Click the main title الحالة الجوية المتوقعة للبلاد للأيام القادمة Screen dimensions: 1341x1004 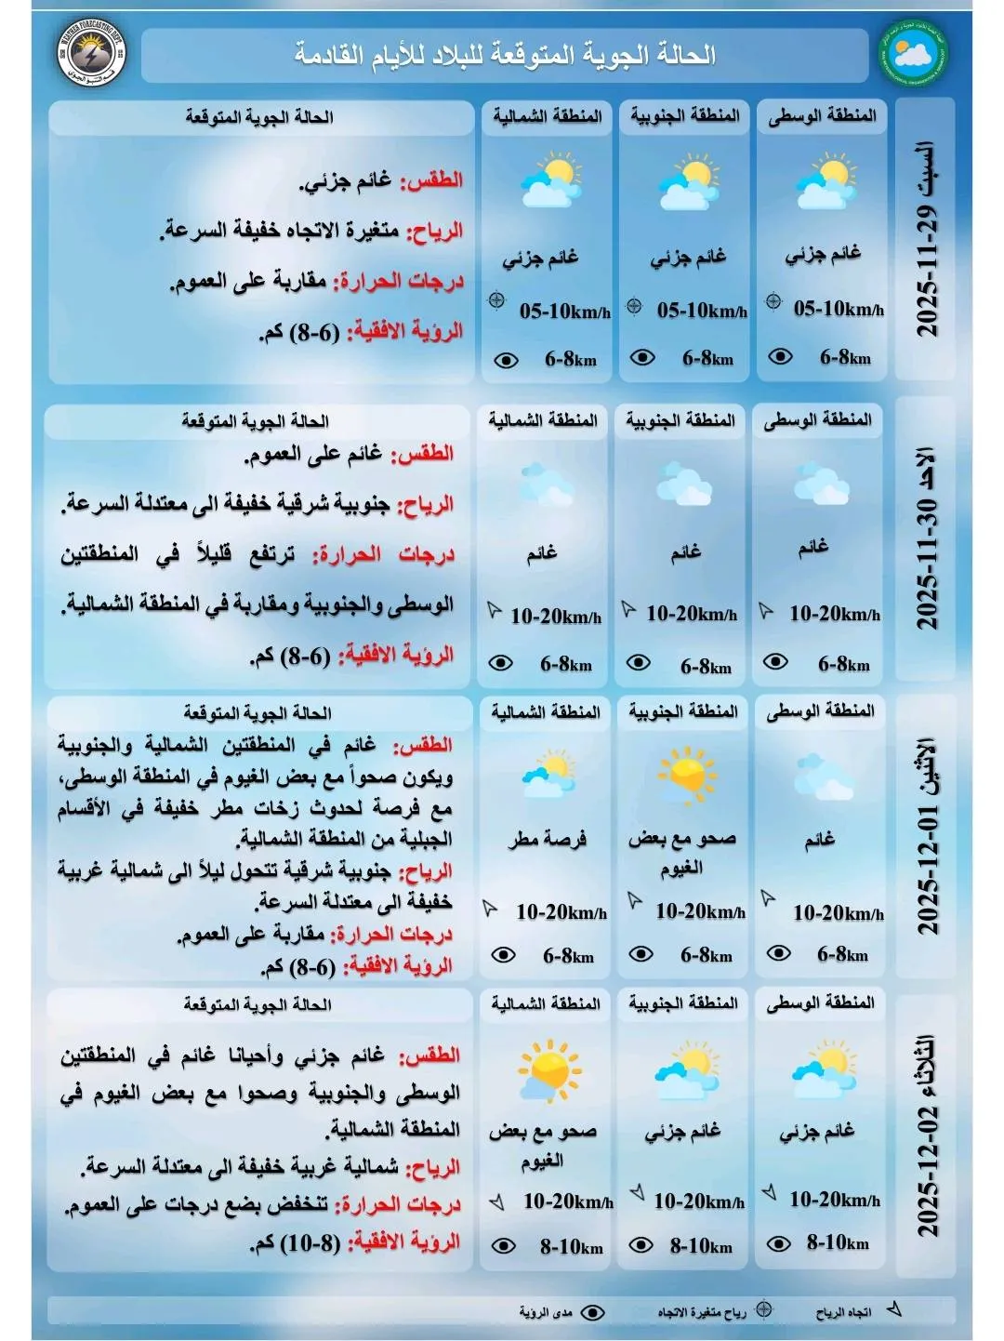(x=506, y=55)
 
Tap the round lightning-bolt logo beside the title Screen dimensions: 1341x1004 (x=90, y=53)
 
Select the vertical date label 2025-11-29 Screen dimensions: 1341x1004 (x=926, y=240)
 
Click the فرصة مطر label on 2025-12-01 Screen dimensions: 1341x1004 (x=548, y=839)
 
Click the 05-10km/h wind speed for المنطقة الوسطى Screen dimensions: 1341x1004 (x=839, y=309)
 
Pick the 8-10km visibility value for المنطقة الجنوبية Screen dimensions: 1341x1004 (x=701, y=1245)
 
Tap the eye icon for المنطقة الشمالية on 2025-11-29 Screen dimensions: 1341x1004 (x=506, y=360)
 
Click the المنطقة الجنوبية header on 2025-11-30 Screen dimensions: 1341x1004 (x=680, y=420)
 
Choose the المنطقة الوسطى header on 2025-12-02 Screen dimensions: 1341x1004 (x=820, y=1002)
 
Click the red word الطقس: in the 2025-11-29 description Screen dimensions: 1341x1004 (x=431, y=180)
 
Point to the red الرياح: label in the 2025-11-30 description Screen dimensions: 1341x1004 (x=425, y=505)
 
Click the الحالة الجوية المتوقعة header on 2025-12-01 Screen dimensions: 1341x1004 (x=258, y=713)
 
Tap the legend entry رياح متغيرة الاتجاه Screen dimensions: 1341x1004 (x=703, y=1312)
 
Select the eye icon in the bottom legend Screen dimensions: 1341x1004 (x=592, y=1312)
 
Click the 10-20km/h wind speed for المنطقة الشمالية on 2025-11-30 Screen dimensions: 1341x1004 (x=556, y=616)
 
